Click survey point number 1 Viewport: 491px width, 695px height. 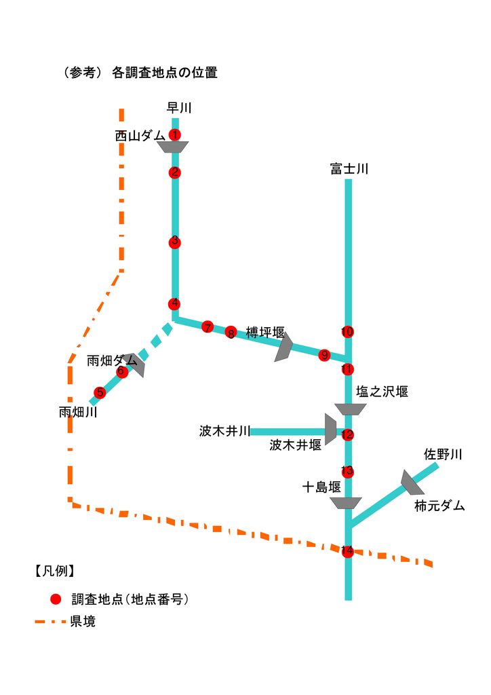[175, 134]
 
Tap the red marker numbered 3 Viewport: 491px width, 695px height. [175, 242]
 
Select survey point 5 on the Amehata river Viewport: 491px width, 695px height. [100, 392]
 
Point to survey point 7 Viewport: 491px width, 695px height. [208, 327]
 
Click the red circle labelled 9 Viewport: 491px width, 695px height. [324, 355]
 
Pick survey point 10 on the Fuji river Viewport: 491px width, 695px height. [347, 332]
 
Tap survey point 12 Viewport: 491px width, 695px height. [347, 435]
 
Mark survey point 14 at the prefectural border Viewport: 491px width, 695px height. [347, 551]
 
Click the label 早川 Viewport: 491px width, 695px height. [180, 107]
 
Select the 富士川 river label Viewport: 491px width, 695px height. [349, 169]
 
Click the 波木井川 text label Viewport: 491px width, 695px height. [225, 431]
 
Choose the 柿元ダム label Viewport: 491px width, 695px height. [439, 506]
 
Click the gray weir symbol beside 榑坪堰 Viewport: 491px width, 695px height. [283, 347]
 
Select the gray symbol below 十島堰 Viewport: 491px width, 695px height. [346, 503]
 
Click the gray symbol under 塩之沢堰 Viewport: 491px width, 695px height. [351, 409]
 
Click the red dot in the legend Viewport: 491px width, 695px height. [56, 599]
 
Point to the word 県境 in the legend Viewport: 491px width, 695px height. [83, 622]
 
